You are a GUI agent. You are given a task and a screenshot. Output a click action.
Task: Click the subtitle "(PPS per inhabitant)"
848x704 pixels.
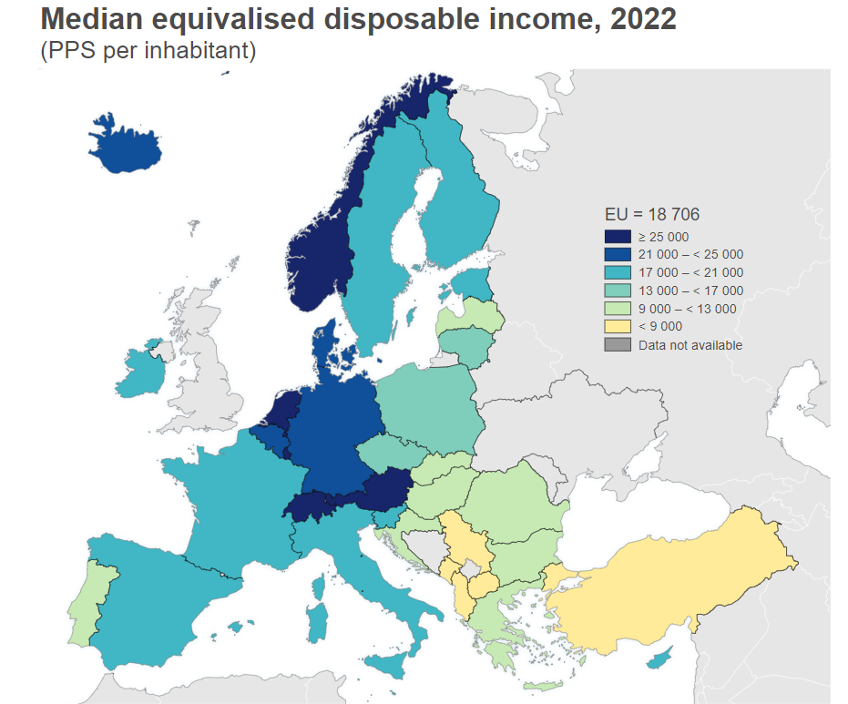(148, 52)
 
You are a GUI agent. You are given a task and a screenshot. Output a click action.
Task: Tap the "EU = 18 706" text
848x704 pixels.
(651, 214)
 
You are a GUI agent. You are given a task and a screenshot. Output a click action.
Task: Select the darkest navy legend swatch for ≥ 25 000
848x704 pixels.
(617, 236)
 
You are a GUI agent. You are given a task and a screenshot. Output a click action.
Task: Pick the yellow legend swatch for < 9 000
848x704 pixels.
(617, 326)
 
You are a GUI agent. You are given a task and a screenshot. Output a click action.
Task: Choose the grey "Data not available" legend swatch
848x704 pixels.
(617, 344)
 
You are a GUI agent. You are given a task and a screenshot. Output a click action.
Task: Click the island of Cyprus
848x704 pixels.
(669, 655)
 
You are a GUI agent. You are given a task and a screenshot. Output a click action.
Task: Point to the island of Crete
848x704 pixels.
(541, 686)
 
